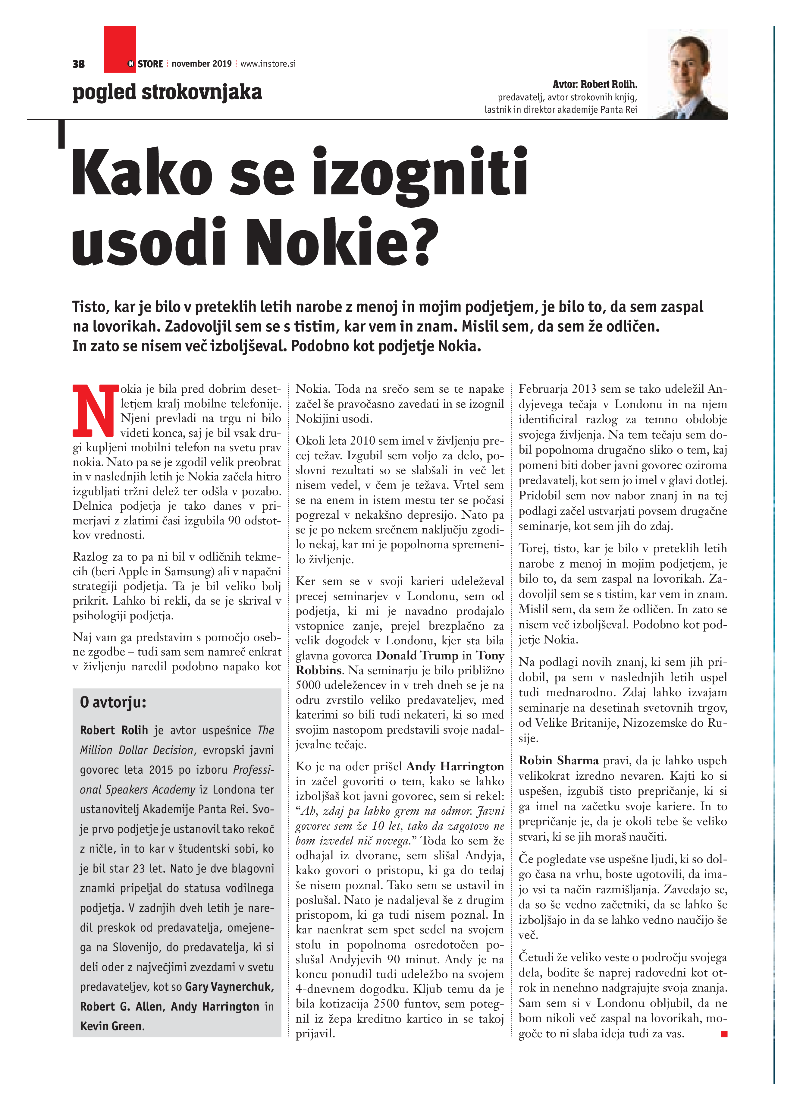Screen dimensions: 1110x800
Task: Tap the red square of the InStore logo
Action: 120,49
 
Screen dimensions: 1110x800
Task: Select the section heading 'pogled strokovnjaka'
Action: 167,92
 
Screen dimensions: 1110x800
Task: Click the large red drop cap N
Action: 96,410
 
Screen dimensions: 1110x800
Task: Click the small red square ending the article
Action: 724,1034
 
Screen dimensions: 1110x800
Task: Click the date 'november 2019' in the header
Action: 202,64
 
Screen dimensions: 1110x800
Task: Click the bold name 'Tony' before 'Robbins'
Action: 490,655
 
